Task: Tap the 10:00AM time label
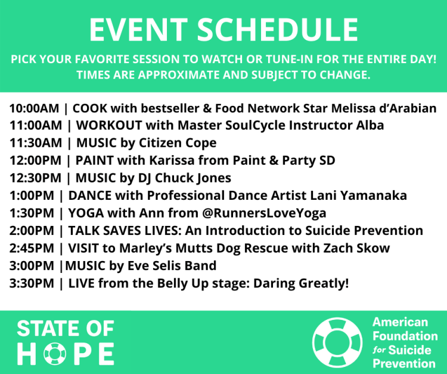click(33, 109)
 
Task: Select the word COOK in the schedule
click(89, 109)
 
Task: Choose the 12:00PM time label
click(33, 161)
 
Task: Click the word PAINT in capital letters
click(92, 161)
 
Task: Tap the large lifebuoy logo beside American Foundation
click(338, 343)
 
